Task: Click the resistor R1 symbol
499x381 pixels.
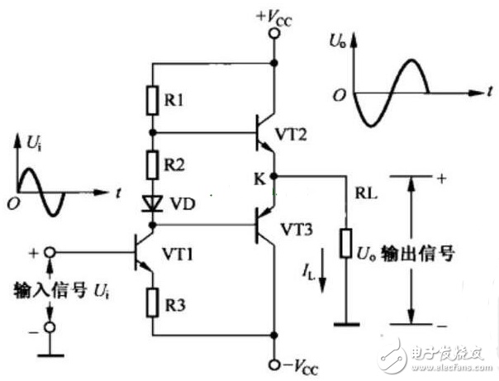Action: (x=153, y=100)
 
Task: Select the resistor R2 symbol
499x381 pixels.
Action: (x=153, y=165)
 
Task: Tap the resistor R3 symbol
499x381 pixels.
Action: (x=153, y=302)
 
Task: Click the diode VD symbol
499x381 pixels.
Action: (x=153, y=203)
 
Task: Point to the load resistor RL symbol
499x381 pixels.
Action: (x=345, y=243)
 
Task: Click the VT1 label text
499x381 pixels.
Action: (x=178, y=255)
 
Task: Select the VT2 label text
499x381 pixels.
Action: (x=291, y=135)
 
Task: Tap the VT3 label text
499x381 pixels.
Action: (x=297, y=229)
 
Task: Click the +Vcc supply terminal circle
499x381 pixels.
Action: (x=274, y=33)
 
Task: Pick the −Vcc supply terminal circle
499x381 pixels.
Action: (x=274, y=365)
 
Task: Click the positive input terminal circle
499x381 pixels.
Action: (x=50, y=253)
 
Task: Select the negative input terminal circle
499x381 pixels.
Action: (x=50, y=327)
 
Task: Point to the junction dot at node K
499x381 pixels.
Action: (x=274, y=176)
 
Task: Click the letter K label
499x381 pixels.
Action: (x=259, y=179)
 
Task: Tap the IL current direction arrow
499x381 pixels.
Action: (x=322, y=270)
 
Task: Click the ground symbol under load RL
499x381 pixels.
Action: (x=346, y=324)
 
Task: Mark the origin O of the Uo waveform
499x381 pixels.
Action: (x=340, y=95)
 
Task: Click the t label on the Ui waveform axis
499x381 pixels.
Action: (x=118, y=193)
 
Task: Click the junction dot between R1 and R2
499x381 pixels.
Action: (x=153, y=132)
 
